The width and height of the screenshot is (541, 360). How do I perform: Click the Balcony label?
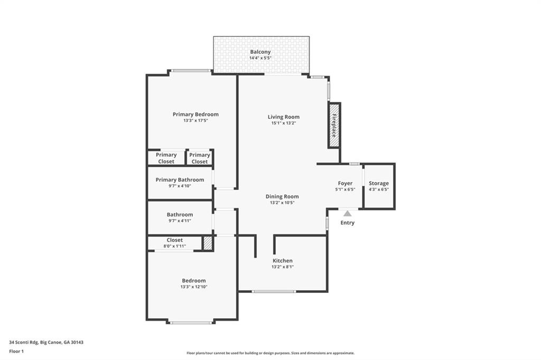click(x=260, y=52)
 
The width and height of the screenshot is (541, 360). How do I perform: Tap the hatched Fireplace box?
click(x=334, y=125)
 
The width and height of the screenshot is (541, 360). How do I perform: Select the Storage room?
click(x=379, y=186)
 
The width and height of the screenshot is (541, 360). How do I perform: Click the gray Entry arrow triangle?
click(x=347, y=213)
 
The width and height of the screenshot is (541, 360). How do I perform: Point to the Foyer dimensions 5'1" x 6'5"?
click(x=345, y=190)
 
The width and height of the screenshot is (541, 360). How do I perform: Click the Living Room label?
click(x=283, y=117)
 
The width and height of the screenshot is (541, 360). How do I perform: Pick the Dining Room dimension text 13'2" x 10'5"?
click(x=282, y=202)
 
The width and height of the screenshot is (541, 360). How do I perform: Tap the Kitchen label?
click(x=282, y=261)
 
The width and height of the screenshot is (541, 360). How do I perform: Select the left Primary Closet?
click(x=166, y=158)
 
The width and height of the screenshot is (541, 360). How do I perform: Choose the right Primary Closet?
click(x=199, y=158)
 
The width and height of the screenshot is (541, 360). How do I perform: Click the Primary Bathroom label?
click(x=180, y=180)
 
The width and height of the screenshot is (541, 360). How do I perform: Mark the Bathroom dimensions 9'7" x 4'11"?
click(x=180, y=221)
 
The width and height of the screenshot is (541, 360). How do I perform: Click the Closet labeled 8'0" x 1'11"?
click(x=174, y=243)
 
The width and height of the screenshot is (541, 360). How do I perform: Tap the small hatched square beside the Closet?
click(x=208, y=243)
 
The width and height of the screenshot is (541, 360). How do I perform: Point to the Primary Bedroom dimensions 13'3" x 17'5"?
click(x=195, y=121)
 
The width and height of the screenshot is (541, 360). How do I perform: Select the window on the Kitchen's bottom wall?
click(x=274, y=291)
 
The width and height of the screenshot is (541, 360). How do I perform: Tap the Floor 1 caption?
click(x=17, y=351)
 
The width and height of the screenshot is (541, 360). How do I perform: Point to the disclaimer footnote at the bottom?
click(x=270, y=353)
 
